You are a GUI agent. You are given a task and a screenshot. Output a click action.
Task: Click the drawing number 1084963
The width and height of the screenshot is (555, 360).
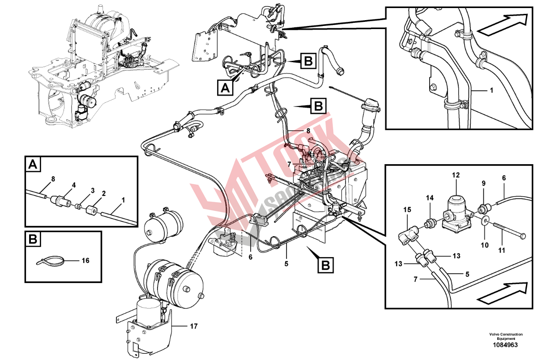[x=505, y=345]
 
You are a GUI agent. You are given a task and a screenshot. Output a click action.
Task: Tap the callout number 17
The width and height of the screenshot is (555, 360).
[x=193, y=326]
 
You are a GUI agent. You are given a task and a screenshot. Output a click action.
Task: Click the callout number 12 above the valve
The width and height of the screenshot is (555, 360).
[x=455, y=175]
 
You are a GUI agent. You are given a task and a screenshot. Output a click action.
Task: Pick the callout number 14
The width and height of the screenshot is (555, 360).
[x=430, y=198]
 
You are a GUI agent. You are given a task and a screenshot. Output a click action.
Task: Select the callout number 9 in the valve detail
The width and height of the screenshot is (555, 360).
[x=483, y=183]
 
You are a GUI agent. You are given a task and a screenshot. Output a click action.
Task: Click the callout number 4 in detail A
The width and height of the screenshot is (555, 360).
[x=74, y=185]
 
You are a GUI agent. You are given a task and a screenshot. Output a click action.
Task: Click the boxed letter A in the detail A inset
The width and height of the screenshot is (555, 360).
[x=33, y=165]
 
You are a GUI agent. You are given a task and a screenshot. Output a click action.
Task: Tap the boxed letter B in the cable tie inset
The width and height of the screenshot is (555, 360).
[x=33, y=239]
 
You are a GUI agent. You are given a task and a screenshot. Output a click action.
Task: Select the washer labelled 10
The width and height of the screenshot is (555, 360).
[x=486, y=222]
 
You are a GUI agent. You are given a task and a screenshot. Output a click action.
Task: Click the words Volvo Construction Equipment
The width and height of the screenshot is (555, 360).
[x=505, y=336]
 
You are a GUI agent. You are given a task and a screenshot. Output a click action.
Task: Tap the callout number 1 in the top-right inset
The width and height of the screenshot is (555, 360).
[x=491, y=91]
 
